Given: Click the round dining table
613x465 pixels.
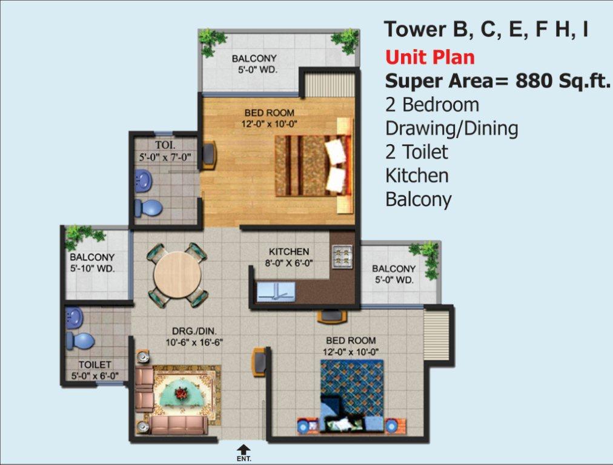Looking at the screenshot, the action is click(x=177, y=275).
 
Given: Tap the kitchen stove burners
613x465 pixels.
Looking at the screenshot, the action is click(x=342, y=256).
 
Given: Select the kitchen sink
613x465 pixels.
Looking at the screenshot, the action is click(x=276, y=292).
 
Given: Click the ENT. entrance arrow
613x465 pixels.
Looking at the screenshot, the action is click(x=244, y=449).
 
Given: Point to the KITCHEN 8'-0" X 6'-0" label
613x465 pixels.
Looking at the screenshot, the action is click(x=289, y=257).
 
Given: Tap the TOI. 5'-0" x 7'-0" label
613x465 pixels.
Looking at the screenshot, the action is click(x=165, y=151).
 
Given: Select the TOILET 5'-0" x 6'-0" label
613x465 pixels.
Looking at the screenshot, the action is click(x=94, y=370).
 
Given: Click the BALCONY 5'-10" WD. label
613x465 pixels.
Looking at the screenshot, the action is click(x=92, y=263).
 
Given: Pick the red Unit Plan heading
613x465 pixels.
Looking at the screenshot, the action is click(x=429, y=58).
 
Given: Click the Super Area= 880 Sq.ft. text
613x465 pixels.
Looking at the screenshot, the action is click(x=498, y=81).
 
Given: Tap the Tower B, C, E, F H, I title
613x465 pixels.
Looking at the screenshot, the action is click(x=486, y=30).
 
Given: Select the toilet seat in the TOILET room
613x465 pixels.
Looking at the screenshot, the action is click(x=81, y=341).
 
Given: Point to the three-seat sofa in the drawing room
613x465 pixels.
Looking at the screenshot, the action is click(x=179, y=426).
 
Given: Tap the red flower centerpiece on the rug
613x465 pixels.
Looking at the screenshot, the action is click(x=181, y=393).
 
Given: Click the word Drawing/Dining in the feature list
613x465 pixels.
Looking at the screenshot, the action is click(x=452, y=129).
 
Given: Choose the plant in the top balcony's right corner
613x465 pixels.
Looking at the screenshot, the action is click(x=346, y=40).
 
